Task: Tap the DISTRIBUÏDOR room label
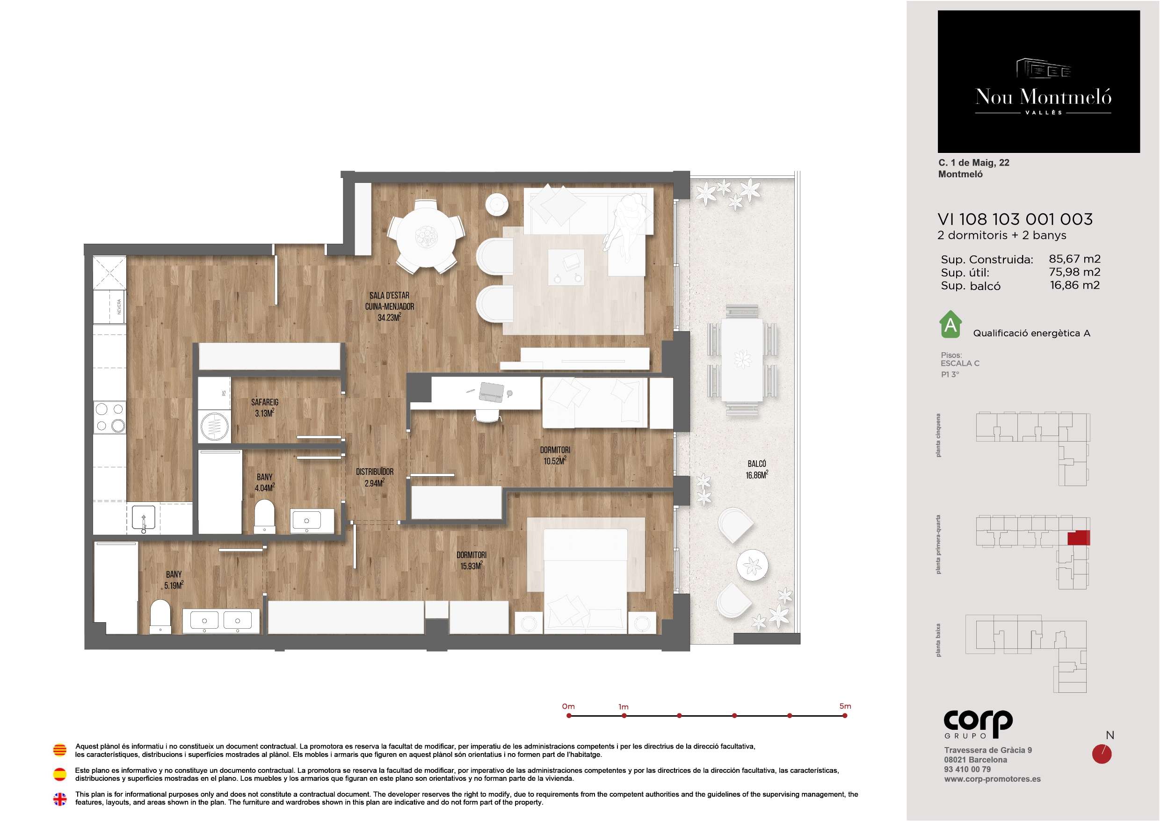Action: pyautogui.click(x=374, y=472)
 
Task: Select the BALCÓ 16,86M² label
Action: pyautogui.click(x=756, y=469)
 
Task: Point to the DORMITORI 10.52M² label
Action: pyautogui.click(x=555, y=455)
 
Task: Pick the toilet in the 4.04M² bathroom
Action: pyautogui.click(x=264, y=516)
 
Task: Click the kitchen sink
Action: pyautogui.click(x=144, y=518)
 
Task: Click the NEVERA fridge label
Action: pyautogui.click(x=119, y=306)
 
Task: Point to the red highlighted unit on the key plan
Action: pyautogui.click(x=1079, y=538)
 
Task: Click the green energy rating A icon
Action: pyautogui.click(x=950, y=324)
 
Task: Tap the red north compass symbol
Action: pyautogui.click(x=1102, y=754)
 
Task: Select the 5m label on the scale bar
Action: pyautogui.click(x=845, y=706)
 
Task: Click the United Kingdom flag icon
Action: pyautogui.click(x=60, y=799)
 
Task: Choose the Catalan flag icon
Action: pyautogui.click(x=60, y=750)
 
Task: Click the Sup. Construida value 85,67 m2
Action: pyautogui.click(x=1074, y=259)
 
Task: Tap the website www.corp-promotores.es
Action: pyautogui.click(x=992, y=779)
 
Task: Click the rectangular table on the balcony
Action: pyautogui.click(x=742, y=360)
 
